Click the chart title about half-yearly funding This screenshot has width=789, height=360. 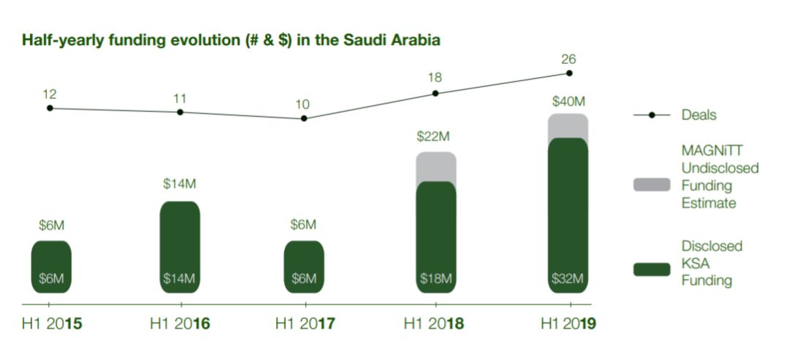click(231, 40)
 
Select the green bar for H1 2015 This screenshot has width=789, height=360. click(51, 267)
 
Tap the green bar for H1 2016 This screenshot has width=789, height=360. click(180, 247)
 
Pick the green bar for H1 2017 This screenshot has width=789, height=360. click(304, 267)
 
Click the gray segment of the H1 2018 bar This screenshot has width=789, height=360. click(435, 167)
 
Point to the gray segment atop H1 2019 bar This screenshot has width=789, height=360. click(568, 126)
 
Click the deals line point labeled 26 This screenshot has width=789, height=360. click(569, 73)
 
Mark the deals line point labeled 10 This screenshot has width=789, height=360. click(304, 118)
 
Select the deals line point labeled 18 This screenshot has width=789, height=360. click(435, 93)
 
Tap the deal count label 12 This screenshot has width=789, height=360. click(50, 94)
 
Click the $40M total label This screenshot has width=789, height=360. click(568, 102)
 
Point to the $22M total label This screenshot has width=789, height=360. click(433, 137)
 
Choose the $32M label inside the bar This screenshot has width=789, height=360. click(567, 278)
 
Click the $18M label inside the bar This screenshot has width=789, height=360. click(435, 278)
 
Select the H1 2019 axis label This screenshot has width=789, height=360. click(568, 323)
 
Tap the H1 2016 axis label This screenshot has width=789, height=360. click(180, 323)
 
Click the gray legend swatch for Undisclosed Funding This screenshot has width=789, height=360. click(652, 185)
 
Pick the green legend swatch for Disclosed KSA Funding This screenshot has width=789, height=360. click(652, 269)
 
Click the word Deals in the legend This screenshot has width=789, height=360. click(699, 115)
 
